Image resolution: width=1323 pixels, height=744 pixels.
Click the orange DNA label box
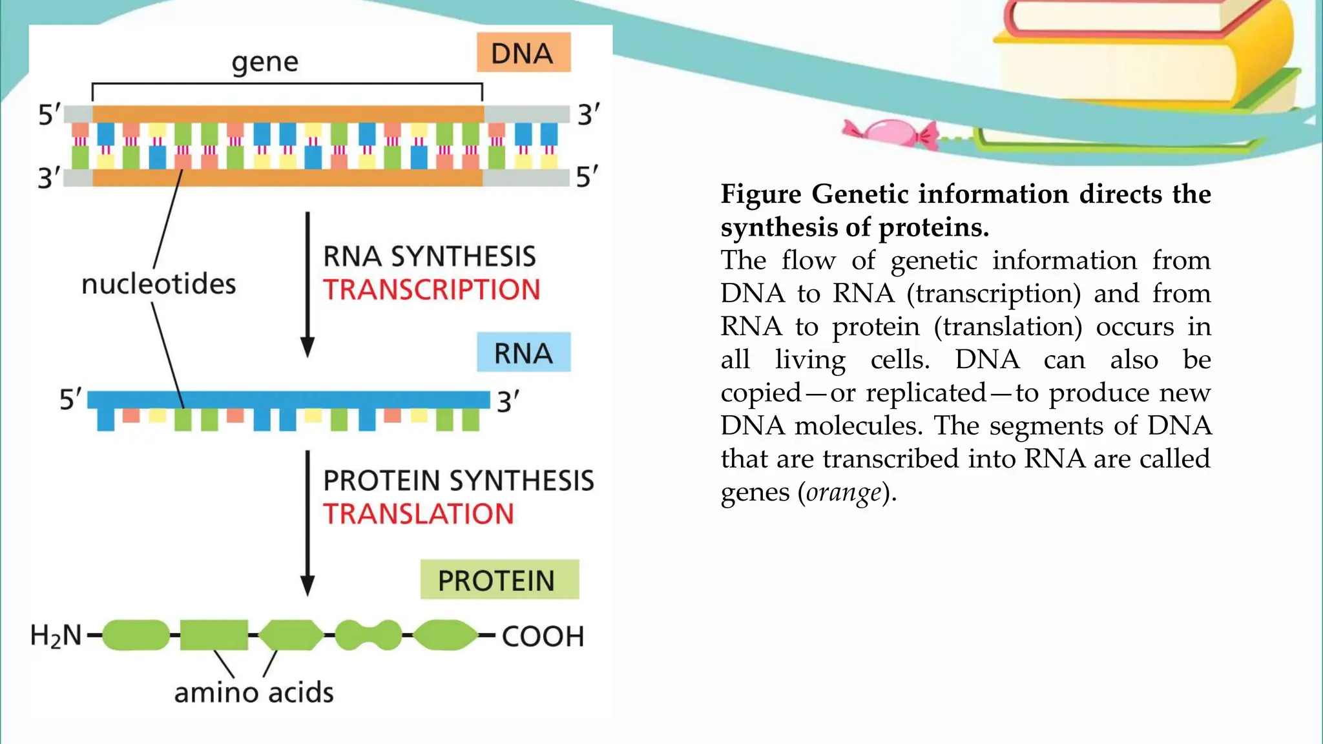pyautogui.click(x=523, y=52)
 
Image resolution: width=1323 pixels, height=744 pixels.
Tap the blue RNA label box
pyautogui.click(x=523, y=353)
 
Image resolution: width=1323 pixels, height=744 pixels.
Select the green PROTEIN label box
pyautogui.click(x=499, y=579)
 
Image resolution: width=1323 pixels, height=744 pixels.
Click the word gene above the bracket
pyautogui.click(x=265, y=63)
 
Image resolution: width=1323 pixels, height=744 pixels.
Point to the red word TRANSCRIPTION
pyautogui.click(x=432, y=290)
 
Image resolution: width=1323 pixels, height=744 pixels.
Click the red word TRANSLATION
pyautogui.click(x=419, y=514)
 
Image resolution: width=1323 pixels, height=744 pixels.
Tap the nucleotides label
pyautogui.click(x=159, y=284)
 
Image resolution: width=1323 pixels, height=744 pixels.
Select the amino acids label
pyautogui.click(x=254, y=692)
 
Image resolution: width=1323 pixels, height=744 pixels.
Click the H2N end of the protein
pyautogui.click(x=56, y=635)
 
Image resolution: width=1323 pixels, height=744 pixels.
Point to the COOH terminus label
pyautogui.click(x=543, y=636)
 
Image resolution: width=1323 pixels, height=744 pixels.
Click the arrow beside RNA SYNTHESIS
pyautogui.click(x=308, y=284)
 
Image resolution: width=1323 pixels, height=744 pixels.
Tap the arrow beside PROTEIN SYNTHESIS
pyautogui.click(x=308, y=523)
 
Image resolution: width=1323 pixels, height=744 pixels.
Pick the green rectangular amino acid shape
pyautogui.click(x=214, y=635)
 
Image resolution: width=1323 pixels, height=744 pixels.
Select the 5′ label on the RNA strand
pyautogui.click(x=70, y=400)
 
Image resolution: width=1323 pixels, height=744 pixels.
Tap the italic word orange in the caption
pyautogui.click(x=844, y=492)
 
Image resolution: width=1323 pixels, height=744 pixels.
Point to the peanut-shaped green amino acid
pyautogui.click(x=368, y=635)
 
